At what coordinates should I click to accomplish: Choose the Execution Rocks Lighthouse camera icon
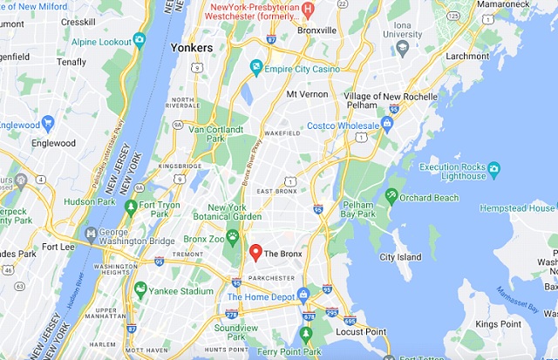(493, 166)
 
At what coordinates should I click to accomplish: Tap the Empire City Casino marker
(256, 66)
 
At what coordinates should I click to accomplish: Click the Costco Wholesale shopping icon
(387, 123)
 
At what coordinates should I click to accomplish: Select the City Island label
(400, 257)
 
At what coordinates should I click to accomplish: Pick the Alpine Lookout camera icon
(139, 40)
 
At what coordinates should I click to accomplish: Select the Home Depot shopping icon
(303, 295)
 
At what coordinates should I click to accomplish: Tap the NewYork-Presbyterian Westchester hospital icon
(307, 9)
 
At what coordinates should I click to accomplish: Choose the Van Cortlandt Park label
(195, 132)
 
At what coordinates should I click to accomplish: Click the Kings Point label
(500, 324)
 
